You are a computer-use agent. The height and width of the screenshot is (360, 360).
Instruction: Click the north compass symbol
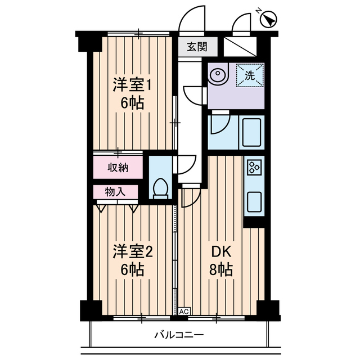(x=269, y=19)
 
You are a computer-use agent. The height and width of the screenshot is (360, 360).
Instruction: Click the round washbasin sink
(x=217, y=74)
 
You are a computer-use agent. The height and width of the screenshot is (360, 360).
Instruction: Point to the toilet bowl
(x=161, y=187)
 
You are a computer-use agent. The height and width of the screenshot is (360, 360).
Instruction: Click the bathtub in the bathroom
(x=251, y=131)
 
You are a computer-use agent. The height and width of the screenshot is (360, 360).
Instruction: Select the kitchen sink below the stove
(x=254, y=200)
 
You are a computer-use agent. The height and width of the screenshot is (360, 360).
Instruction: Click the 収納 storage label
(x=119, y=167)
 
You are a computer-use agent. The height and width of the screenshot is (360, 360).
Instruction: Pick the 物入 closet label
(x=115, y=192)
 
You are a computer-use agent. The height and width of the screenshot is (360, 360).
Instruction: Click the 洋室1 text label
(x=133, y=85)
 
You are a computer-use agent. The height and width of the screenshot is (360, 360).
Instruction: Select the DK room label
(x=219, y=251)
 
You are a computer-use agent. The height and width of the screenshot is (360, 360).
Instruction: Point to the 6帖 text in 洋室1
(x=133, y=103)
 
